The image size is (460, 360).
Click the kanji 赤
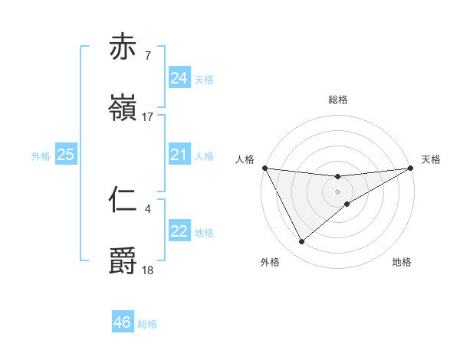point(123,47)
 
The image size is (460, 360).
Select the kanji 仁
point(123,198)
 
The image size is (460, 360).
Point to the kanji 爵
point(123,260)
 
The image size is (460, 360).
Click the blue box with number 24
point(179,78)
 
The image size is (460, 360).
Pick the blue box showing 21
point(179,155)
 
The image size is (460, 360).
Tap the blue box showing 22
point(179,231)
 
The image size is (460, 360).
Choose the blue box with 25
point(65,155)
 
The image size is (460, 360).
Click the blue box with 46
point(122,322)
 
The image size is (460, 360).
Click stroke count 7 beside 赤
point(147,55)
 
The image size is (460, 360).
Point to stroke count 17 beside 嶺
point(148,117)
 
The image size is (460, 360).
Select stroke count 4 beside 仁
point(147,208)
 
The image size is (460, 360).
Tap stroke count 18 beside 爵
point(148,270)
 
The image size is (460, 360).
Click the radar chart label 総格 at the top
point(338,100)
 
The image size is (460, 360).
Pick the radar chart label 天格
point(432,159)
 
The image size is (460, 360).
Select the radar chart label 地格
point(402,262)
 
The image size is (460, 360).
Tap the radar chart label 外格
point(270,262)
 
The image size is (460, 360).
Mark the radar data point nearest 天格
point(412,168)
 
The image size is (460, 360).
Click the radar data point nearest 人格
point(264,168)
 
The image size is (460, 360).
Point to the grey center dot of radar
point(338,191)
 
